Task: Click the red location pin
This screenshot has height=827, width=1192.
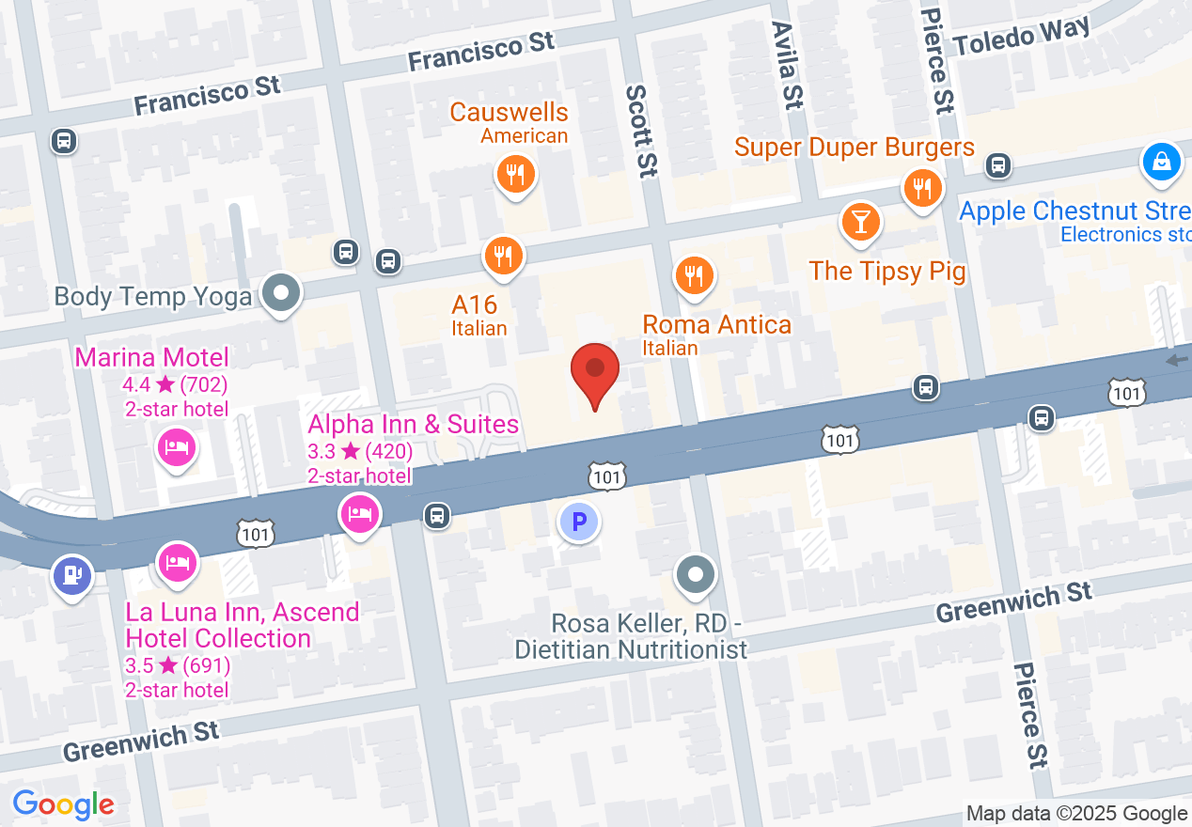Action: coord(595,371)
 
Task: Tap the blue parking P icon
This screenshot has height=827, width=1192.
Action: coord(578,521)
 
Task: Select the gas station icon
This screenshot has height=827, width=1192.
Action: coord(72,574)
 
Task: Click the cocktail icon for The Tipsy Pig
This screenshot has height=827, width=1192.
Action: coord(859,223)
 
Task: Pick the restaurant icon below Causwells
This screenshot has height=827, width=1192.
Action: coord(514,175)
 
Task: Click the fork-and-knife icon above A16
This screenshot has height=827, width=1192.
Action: coord(504,255)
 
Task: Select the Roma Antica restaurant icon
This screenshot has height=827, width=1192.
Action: coord(694,276)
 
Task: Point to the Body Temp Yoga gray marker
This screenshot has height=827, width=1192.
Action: coord(280,293)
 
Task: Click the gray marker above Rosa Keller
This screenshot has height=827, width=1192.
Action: coord(696,573)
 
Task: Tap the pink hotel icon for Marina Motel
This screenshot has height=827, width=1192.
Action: coord(176,446)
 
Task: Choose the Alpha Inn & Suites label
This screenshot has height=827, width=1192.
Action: coord(414,425)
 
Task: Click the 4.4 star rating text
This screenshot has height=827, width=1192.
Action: coord(175,383)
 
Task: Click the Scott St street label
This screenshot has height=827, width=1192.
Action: coord(640,131)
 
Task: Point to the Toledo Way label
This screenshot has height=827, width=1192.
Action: coord(1021,37)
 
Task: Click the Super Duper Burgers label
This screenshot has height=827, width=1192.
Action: coord(854,148)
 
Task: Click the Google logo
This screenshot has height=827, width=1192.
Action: coord(64,804)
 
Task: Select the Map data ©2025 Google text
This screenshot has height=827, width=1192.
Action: coord(1076,814)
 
